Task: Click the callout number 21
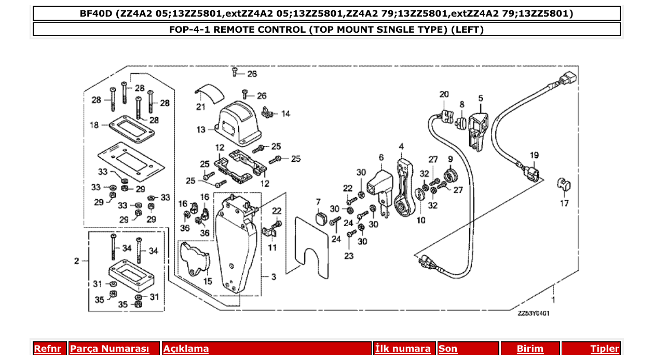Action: (x=201, y=107)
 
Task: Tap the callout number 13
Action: (x=201, y=130)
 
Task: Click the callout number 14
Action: (x=285, y=114)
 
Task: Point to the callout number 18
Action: (x=94, y=125)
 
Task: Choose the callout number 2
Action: (x=77, y=260)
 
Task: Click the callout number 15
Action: (x=208, y=281)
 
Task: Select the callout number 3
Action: (x=274, y=277)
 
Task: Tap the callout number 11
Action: (x=272, y=247)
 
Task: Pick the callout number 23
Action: (x=348, y=255)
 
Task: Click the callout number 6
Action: (x=381, y=157)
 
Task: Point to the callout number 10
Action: (x=420, y=220)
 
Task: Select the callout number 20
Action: (x=443, y=94)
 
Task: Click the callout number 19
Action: (x=534, y=155)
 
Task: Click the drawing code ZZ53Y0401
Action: (x=533, y=313)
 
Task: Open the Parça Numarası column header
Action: (x=109, y=349)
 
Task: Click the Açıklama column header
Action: (x=186, y=349)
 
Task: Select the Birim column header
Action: (x=530, y=349)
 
